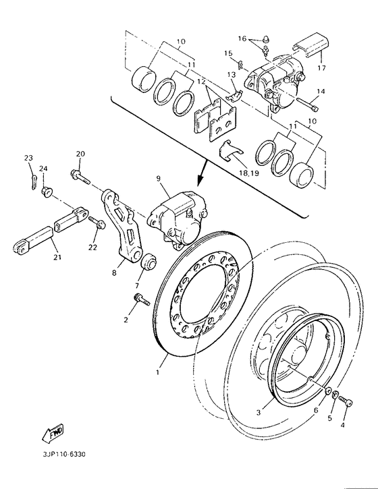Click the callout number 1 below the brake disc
159,370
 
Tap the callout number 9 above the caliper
158,179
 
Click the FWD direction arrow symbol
54,432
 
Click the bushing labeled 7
149,260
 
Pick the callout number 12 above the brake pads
200,82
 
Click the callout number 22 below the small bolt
92,247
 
